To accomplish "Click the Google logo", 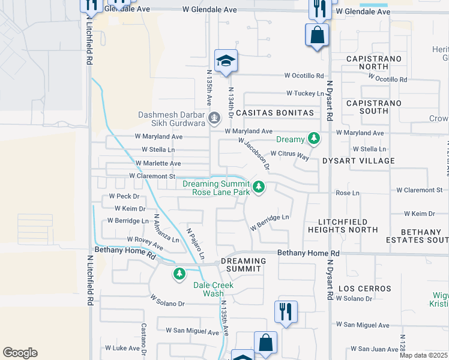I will click(x=20, y=353).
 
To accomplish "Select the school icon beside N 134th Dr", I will click(x=226, y=61).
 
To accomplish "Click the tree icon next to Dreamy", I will click(x=313, y=139).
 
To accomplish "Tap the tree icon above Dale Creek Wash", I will click(x=179, y=275).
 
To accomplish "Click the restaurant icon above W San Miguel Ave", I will click(x=285, y=312).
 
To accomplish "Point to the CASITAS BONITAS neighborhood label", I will click(x=275, y=113).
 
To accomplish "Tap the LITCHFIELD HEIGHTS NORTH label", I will click(x=343, y=226).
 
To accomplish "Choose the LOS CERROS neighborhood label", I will click(x=364, y=289).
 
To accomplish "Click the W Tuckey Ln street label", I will click(x=306, y=93).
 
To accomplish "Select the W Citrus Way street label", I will click(x=289, y=155).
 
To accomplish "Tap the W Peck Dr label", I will click(x=124, y=196).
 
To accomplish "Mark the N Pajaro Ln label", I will click(x=195, y=244).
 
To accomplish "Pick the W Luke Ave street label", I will click(x=122, y=348).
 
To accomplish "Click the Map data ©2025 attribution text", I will click(x=424, y=355).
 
